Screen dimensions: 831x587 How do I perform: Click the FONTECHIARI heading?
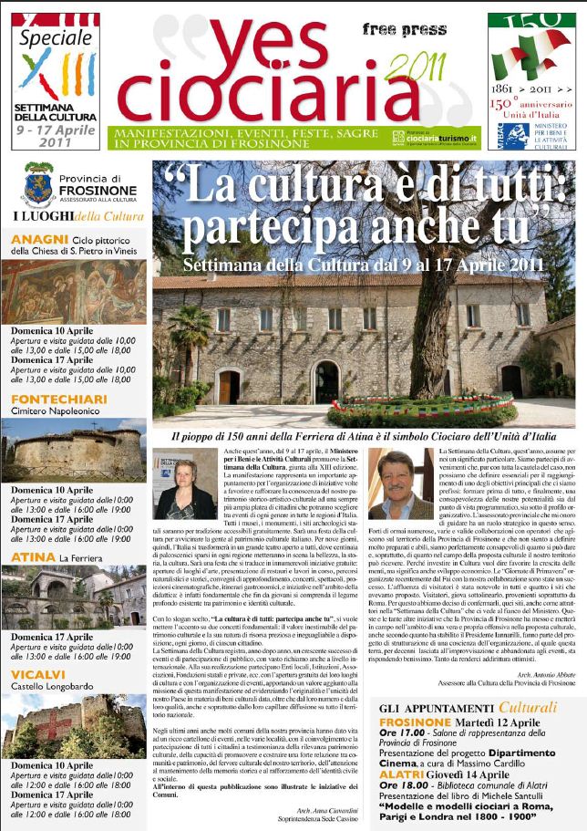coord(54,398)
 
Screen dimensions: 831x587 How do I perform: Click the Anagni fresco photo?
coord(73,293)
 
